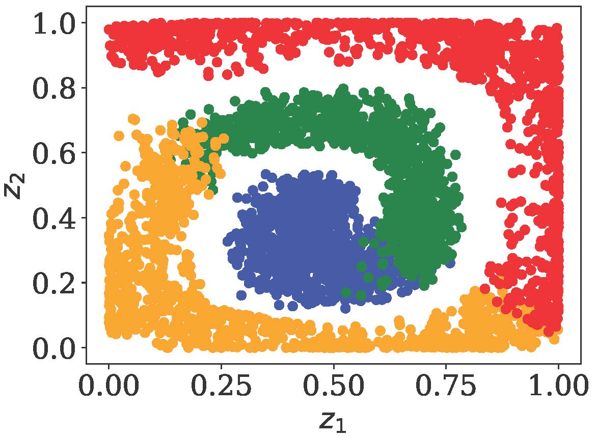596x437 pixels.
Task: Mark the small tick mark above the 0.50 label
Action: tap(334, 367)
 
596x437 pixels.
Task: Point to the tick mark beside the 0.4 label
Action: tap(83, 218)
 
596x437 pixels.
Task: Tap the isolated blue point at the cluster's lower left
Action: tap(241, 295)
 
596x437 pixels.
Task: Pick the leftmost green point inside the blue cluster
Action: tap(346, 292)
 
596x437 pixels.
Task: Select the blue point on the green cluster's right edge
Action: tap(450, 263)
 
